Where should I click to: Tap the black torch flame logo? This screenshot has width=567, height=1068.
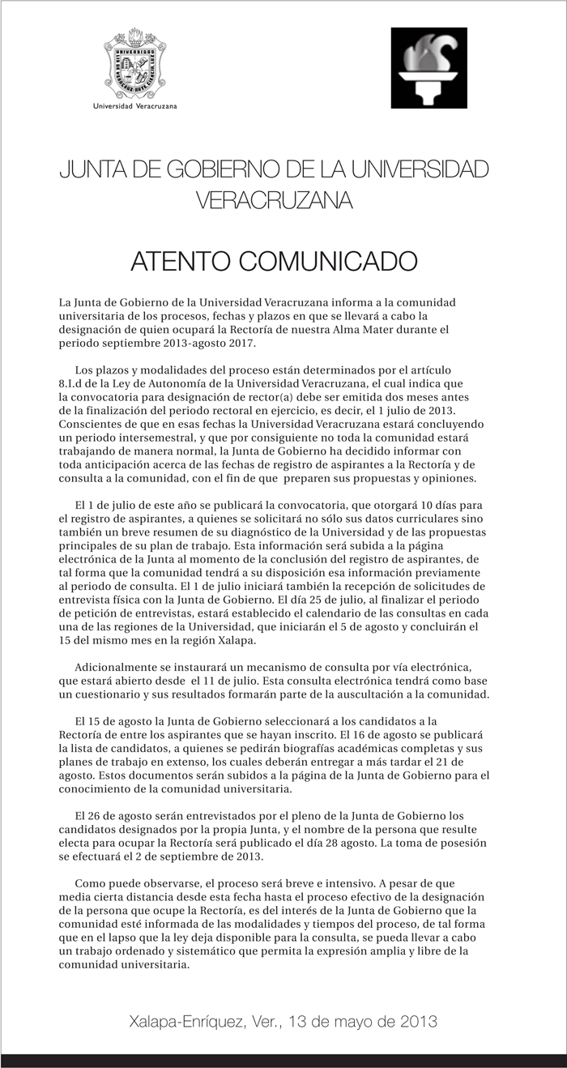click(x=428, y=67)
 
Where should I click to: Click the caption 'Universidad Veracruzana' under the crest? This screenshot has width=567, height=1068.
click(x=136, y=106)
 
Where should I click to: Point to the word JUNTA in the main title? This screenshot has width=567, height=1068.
click(x=88, y=171)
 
